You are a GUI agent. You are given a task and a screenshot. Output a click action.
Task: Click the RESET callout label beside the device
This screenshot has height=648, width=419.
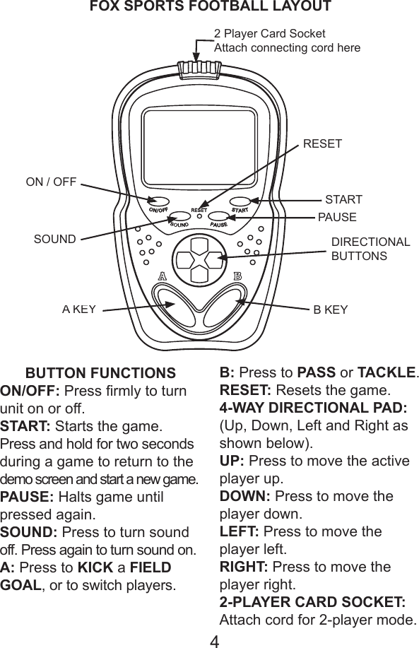322,144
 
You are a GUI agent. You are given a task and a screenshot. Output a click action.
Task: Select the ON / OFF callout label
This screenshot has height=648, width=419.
51,182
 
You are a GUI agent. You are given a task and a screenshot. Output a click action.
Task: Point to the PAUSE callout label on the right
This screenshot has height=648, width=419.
337,217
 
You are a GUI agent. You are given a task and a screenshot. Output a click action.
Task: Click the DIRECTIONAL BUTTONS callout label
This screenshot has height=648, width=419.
370,249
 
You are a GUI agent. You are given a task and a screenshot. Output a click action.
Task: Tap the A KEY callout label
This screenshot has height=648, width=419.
78,309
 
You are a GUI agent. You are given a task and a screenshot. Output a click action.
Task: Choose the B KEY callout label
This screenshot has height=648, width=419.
331,309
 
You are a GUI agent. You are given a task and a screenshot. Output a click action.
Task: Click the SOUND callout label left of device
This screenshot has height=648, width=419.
54,239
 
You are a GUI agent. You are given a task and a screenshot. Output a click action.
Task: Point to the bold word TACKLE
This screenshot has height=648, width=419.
387,372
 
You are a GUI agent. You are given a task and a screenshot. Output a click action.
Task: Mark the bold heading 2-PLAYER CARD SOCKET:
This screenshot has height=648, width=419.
312,603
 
